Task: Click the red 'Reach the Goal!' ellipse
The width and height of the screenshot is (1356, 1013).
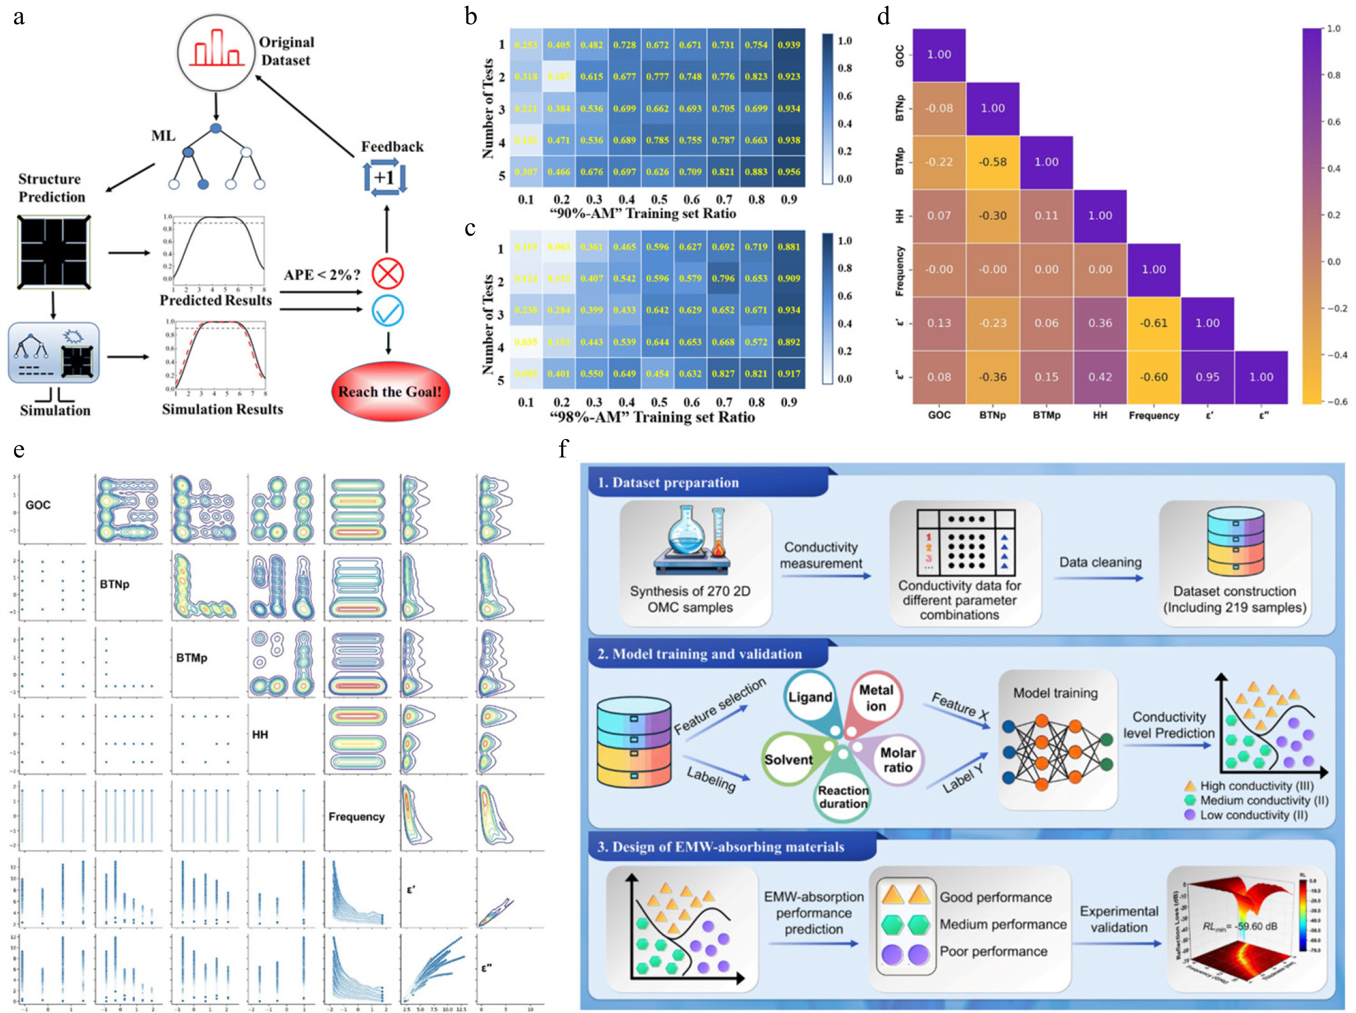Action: point(390,392)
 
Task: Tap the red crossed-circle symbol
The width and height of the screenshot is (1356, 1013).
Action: point(387,273)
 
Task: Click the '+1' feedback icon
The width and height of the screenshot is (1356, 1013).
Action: point(385,178)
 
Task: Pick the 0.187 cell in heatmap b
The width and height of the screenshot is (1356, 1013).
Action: point(558,77)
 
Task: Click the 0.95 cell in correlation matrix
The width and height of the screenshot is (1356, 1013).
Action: point(1207,377)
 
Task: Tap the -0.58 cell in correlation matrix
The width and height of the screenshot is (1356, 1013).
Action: point(992,162)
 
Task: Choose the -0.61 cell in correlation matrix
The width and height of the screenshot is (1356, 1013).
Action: point(1153,323)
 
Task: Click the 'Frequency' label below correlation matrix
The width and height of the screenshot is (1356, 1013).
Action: point(1154,415)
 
